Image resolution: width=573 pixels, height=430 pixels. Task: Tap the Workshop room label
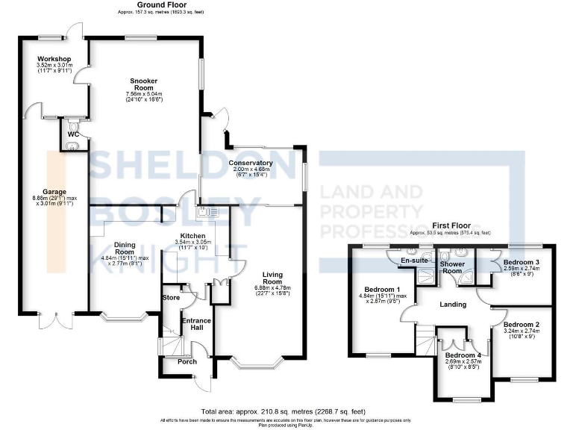(54, 59)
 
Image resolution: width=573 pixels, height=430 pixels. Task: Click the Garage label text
(54, 190)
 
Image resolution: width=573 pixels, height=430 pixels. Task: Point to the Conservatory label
(250, 163)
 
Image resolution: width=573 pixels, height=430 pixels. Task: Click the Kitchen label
(193, 235)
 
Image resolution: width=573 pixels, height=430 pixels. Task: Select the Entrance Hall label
(197, 325)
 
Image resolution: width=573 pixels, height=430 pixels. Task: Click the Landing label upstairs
(453, 305)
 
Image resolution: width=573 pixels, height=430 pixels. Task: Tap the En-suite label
(414, 261)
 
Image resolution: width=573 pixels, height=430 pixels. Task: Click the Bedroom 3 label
(521, 263)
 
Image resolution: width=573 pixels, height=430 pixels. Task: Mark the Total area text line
(286, 411)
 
